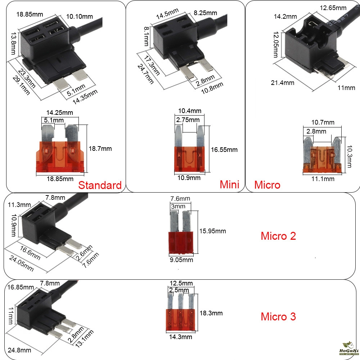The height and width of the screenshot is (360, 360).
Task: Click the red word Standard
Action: [x=100, y=185]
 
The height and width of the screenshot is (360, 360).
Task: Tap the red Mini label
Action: [x=229, y=184]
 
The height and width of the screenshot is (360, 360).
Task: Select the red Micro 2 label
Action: [x=278, y=236]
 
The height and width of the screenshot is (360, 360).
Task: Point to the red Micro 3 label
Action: [x=278, y=316]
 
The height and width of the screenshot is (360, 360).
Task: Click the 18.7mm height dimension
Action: [x=100, y=149]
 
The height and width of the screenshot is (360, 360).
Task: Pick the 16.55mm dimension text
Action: [x=224, y=150]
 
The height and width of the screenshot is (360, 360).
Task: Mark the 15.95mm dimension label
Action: [x=213, y=231]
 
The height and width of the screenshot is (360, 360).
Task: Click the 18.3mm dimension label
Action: [x=211, y=313]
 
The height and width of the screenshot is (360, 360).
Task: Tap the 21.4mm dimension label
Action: [x=282, y=83]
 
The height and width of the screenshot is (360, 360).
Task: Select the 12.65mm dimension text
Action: [x=333, y=8]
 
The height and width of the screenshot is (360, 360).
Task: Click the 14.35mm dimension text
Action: [x=85, y=97]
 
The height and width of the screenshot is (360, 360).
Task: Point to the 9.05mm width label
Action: [x=181, y=260]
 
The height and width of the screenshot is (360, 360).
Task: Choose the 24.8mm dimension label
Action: [x=19, y=350]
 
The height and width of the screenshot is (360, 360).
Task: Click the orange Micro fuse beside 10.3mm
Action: [x=322, y=155]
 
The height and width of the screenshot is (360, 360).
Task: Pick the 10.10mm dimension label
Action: [x=80, y=17]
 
